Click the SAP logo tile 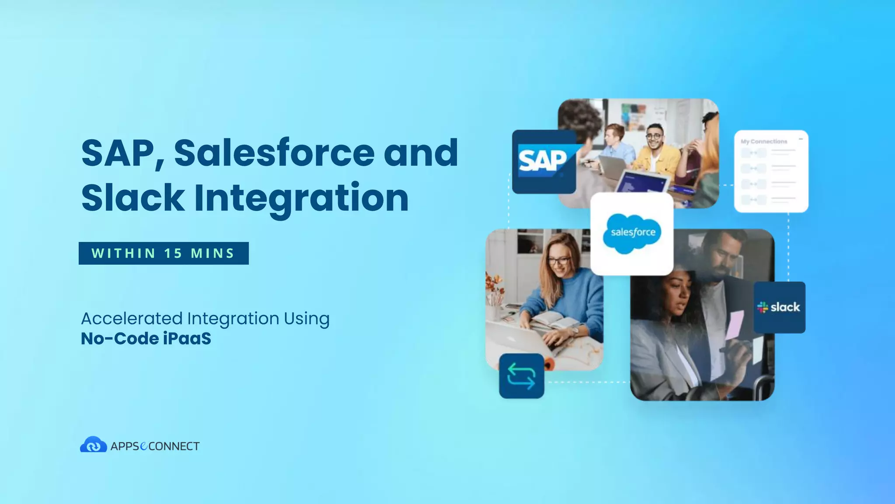[544, 161]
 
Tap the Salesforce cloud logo [632, 233]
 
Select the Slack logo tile [779, 307]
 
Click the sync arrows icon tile [521, 376]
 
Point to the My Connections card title [763, 141]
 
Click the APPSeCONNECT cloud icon [93, 445]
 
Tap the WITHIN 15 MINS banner [163, 253]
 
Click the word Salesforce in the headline [274, 153]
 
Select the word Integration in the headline [301, 198]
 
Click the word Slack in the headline [133, 198]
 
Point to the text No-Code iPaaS [146, 338]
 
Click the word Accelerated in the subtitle [132, 318]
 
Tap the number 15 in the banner [173, 253]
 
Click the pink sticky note [734, 324]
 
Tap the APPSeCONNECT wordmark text [155, 446]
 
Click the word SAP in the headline [121, 153]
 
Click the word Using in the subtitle [306, 318]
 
